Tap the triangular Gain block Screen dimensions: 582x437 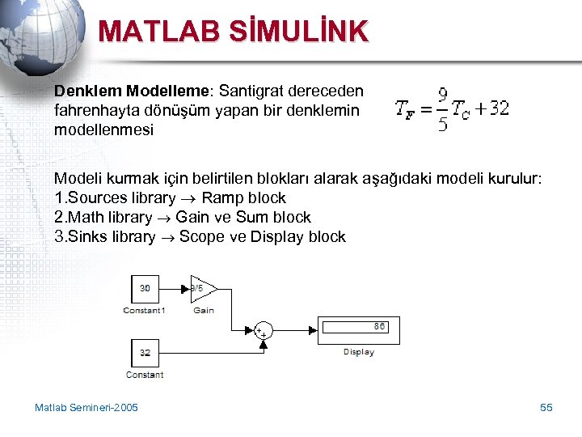200,288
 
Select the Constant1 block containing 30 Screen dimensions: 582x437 145,288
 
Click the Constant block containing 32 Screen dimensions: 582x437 145,352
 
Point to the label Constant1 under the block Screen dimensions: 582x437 144,311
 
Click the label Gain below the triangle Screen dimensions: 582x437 204,311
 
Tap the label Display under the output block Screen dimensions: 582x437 358,352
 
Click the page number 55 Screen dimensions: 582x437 546,407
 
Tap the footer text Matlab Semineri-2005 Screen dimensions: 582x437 86,407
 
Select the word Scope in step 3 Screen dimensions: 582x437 199,236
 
